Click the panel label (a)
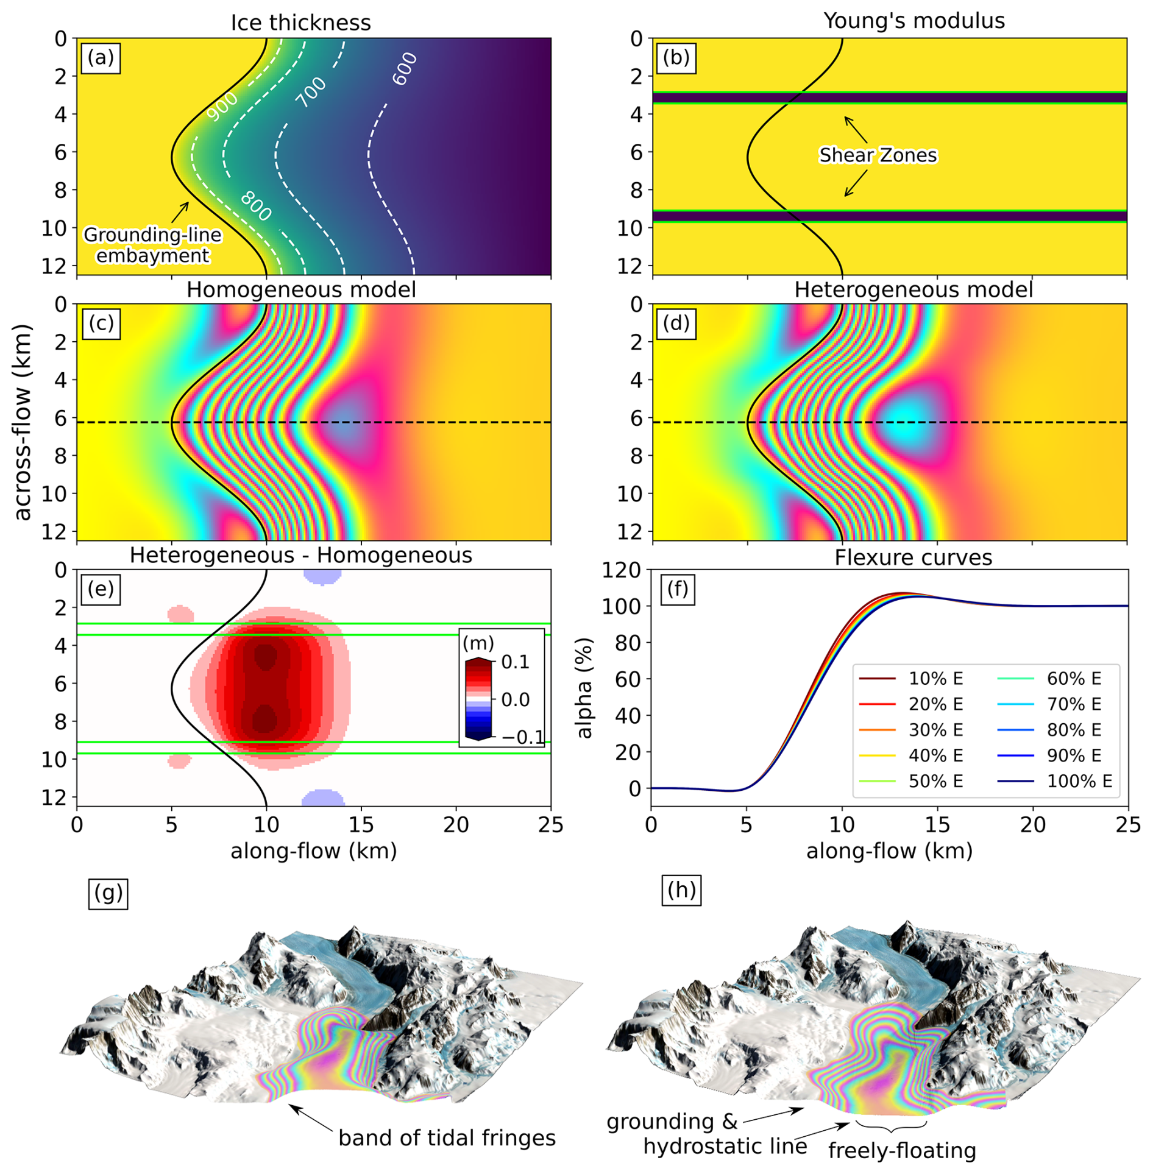(x=101, y=58)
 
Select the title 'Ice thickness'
(x=300, y=23)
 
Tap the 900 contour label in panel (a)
(x=222, y=107)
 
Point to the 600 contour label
(x=404, y=69)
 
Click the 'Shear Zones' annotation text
(x=878, y=155)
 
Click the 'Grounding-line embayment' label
(x=152, y=245)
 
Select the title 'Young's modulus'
(x=914, y=21)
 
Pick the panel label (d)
(x=676, y=323)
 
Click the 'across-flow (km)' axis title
(x=23, y=422)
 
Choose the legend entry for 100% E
(x=1079, y=780)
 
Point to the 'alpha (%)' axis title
(x=584, y=688)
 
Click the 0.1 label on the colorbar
(x=515, y=662)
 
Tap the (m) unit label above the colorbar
(x=478, y=643)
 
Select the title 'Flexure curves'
(x=913, y=557)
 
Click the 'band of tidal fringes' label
(x=447, y=1137)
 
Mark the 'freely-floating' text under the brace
(x=902, y=1150)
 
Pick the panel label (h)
(x=681, y=890)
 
